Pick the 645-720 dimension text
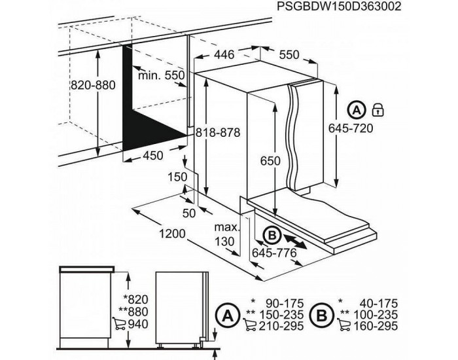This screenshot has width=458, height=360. point(352,128)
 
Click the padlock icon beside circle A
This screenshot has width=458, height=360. point(378,109)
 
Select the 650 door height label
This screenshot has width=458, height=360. point(269,161)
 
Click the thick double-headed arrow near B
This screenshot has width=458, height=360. point(298,241)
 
